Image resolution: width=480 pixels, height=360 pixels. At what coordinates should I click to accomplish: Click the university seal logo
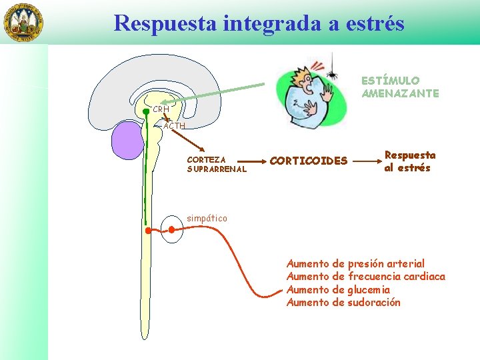tap(24, 22)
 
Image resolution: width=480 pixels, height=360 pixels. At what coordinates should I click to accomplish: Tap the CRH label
tap(160, 109)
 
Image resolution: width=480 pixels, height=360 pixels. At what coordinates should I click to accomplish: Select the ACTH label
tap(174, 125)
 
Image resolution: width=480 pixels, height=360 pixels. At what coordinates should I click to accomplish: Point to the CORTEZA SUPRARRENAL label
tap(217, 165)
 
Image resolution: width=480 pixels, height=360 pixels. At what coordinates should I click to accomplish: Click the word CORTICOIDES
tap(308, 161)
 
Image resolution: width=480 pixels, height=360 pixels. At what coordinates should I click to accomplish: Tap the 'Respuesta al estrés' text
tap(409, 161)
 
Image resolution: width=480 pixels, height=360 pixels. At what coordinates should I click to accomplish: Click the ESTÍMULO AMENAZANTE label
tap(400, 87)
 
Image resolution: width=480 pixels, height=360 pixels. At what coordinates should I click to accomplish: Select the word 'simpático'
tap(207, 218)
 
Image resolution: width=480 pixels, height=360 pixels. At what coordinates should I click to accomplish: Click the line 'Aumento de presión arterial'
tap(355, 264)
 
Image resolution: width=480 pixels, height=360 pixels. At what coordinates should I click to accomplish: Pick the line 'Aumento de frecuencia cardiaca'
tap(365, 277)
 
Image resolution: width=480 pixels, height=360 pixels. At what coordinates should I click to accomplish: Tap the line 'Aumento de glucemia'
tap(338, 289)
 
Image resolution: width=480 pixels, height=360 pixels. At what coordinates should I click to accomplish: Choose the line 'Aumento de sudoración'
tap(343, 302)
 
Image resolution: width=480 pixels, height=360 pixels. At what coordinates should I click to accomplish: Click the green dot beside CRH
tap(146, 111)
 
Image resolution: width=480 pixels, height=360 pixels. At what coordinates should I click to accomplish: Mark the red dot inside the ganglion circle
tap(171, 230)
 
